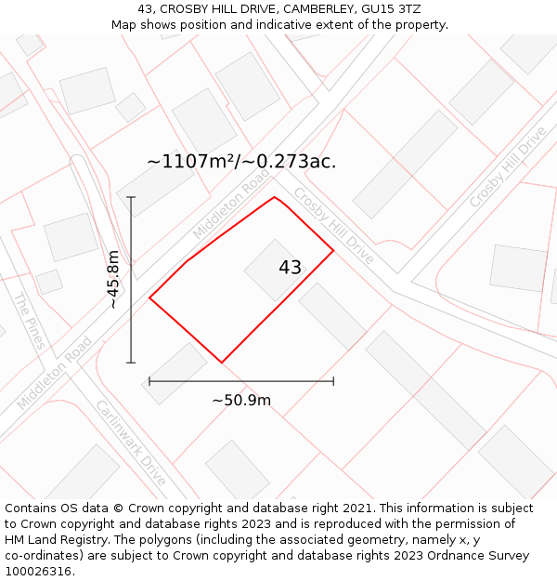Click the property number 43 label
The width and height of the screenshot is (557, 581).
[x=290, y=268]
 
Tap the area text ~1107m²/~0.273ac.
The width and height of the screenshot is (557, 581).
[x=241, y=162]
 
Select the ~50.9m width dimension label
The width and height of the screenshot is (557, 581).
[x=241, y=401]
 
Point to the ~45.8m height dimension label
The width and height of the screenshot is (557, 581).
[x=113, y=279]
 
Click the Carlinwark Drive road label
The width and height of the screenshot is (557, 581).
[x=131, y=443]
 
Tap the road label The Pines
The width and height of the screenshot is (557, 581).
[x=29, y=321]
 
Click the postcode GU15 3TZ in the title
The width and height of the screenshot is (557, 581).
[x=395, y=9]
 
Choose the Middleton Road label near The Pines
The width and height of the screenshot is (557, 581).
[x=56, y=372]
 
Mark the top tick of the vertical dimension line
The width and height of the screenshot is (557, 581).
[x=131, y=197]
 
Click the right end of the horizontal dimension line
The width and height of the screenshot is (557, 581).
[x=333, y=381]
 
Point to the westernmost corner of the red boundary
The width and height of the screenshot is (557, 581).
[x=149, y=298]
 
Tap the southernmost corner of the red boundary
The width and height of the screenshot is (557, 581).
[x=221, y=363]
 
